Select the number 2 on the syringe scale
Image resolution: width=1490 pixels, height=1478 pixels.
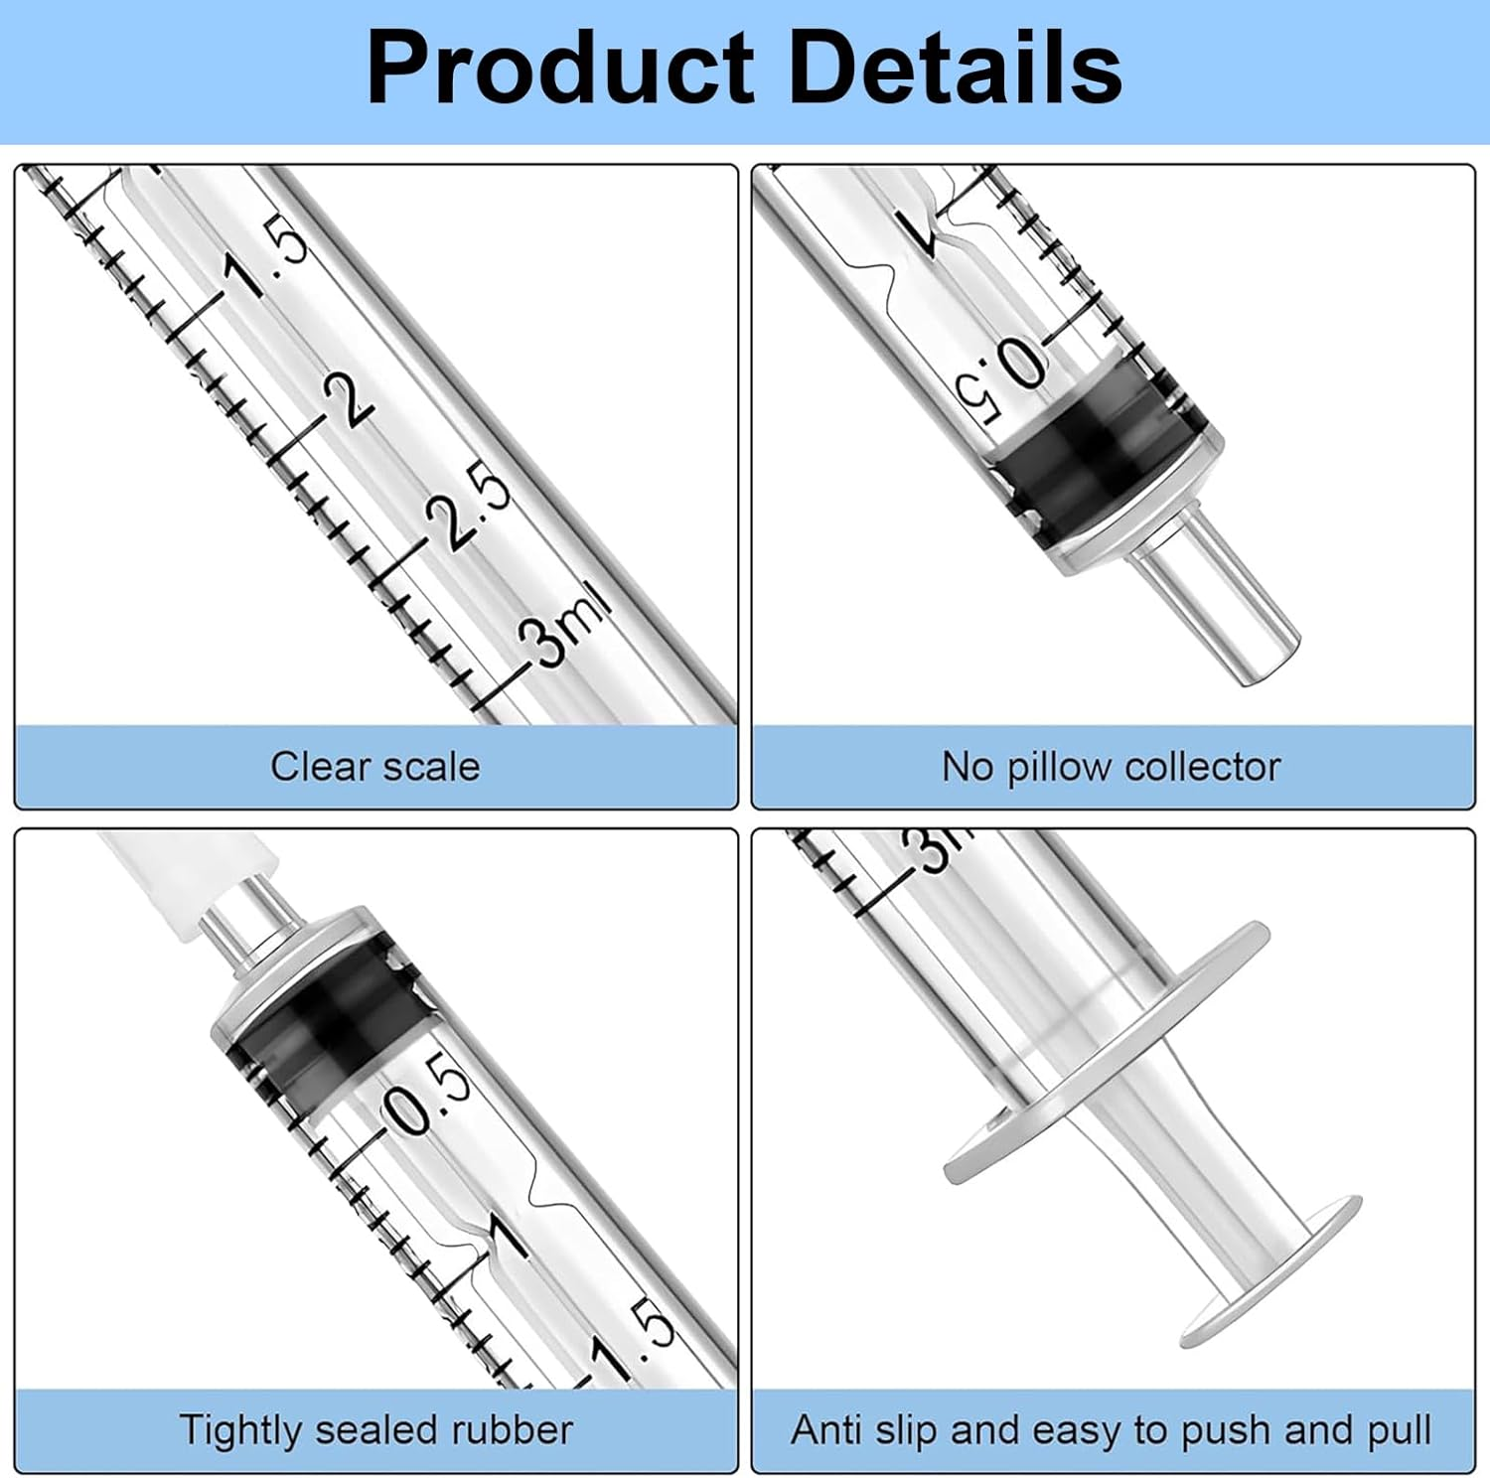coord(350,399)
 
